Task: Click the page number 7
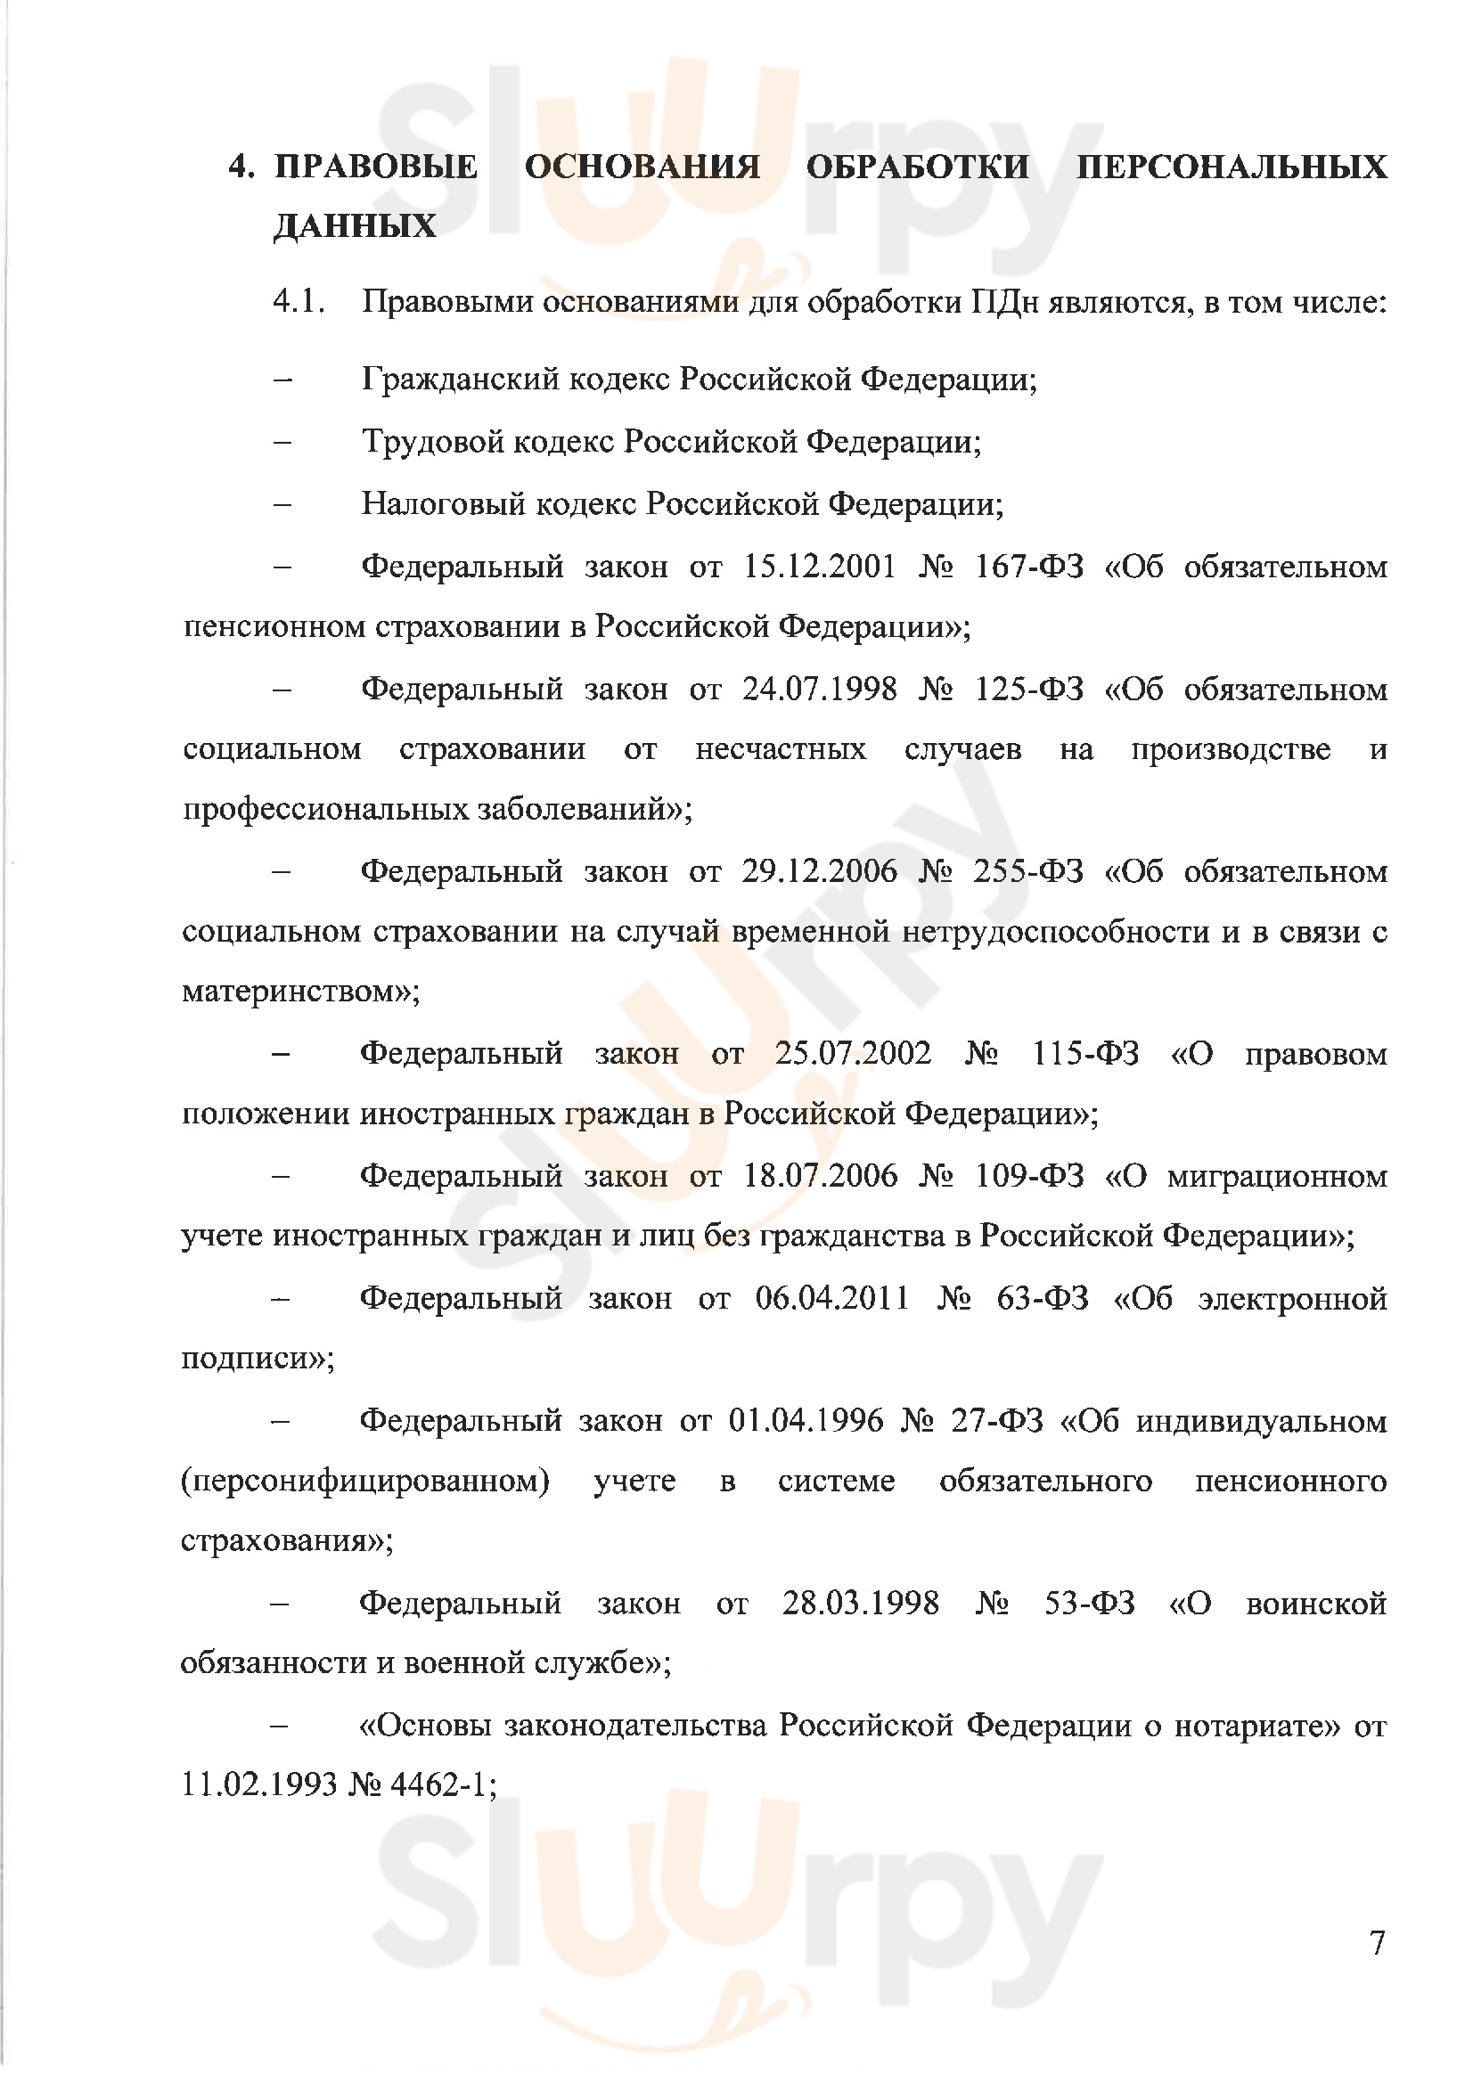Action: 1378,1943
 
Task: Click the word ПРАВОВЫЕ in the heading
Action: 375,167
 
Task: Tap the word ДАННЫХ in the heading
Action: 355,225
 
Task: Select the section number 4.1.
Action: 299,302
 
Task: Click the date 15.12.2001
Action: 819,567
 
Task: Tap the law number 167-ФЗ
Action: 1028,567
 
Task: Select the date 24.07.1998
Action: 819,690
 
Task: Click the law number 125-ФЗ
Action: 1028,690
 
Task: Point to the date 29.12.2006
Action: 819,871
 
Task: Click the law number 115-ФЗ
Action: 1085,1054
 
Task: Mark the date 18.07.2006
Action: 820,1176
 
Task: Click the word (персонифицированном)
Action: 364,1482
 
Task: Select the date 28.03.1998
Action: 861,1604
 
